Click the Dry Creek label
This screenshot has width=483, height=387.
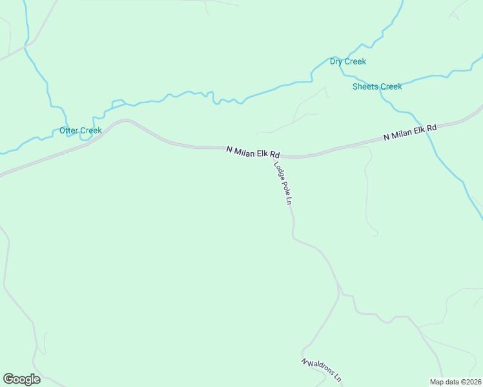pos(347,62)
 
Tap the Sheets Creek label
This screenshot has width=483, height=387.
pos(377,86)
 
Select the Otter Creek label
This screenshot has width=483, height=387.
pos(80,131)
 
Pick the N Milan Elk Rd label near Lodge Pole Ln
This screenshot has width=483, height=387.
pos(253,152)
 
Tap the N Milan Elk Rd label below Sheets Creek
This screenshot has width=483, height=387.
pos(409,132)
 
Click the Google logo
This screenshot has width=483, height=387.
pos(21,379)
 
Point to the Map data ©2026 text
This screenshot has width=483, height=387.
pos(455,382)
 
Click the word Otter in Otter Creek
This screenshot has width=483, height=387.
pos(68,131)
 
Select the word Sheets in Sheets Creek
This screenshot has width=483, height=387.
pos(365,86)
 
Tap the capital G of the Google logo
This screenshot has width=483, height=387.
pos(9,379)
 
